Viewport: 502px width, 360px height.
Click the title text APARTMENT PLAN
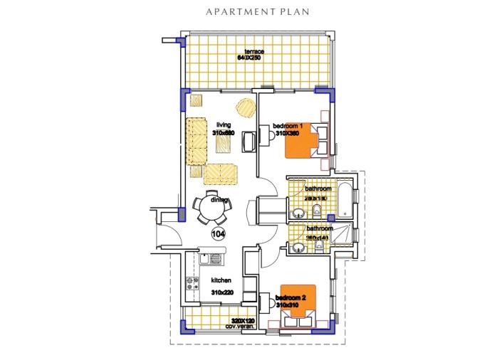pos(251,12)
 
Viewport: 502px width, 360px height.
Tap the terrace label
pos(254,51)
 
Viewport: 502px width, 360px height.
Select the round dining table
pos(213,207)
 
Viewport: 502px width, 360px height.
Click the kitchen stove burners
pos(192,283)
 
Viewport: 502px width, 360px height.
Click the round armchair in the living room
pos(246,108)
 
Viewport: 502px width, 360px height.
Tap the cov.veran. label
pos(241,326)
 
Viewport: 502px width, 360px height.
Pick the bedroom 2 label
pos(291,297)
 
